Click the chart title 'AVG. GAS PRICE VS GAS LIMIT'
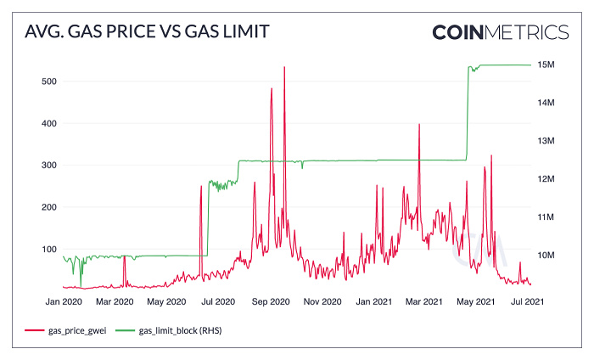point(148,33)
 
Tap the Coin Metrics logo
point(500,32)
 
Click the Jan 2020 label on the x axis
point(64,301)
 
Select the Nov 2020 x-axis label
point(322,301)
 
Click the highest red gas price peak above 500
point(284,68)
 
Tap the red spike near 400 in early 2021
point(419,125)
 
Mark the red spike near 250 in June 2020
point(201,187)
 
